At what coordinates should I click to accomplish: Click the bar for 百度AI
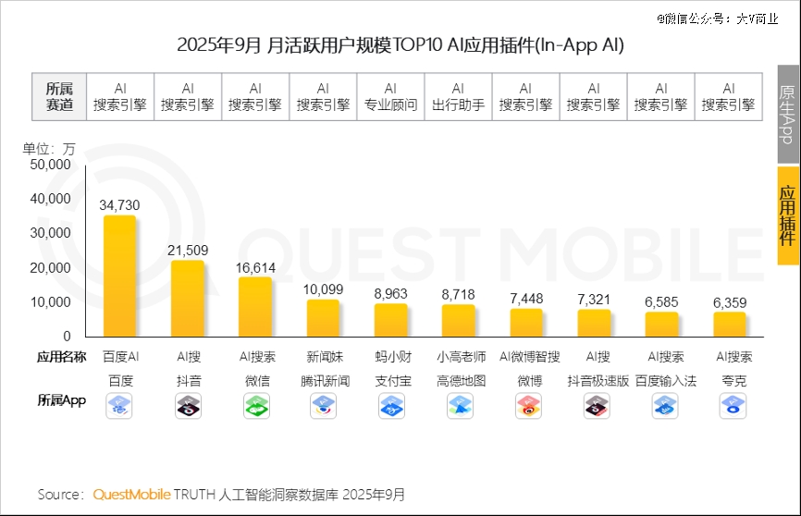(120, 277)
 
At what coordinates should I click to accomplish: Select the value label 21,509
(188, 250)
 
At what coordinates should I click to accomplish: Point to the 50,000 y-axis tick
(51, 165)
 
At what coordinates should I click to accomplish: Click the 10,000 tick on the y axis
(51, 301)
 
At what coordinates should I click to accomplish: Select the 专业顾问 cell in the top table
(390, 96)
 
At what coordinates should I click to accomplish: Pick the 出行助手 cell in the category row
(458, 96)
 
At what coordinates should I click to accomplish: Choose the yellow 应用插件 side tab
(788, 215)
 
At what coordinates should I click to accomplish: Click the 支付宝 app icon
(390, 405)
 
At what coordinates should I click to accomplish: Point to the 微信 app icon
(256, 405)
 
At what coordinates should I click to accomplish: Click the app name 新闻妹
(325, 357)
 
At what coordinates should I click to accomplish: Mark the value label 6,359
(729, 302)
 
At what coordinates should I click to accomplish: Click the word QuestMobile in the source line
(131, 495)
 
